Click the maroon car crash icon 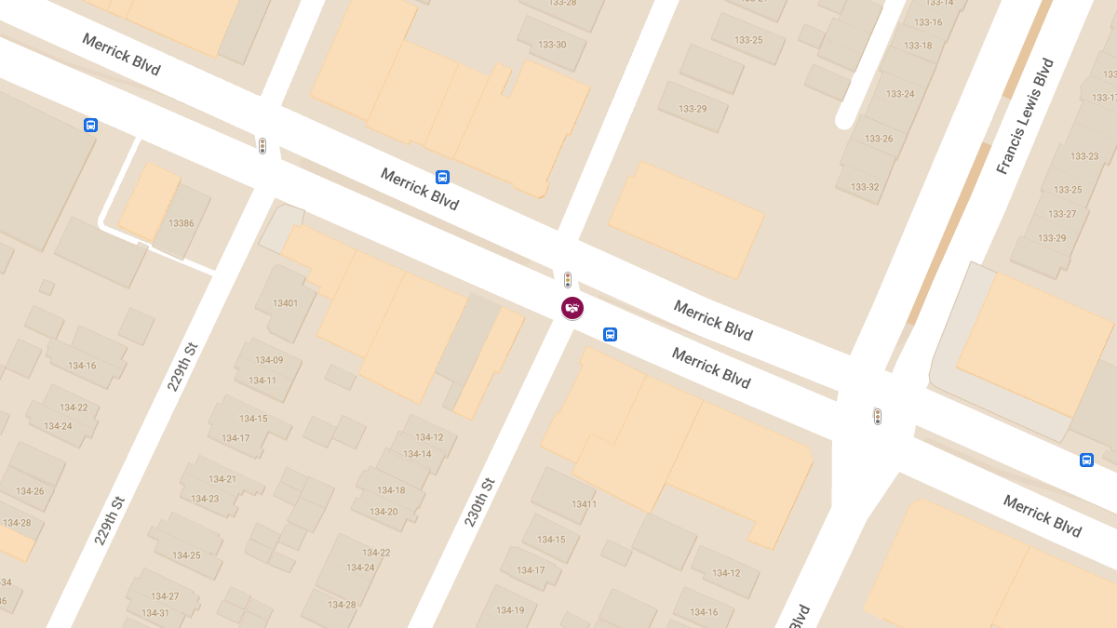[x=572, y=307]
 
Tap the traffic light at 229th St [x=262, y=146]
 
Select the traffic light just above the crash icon [x=568, y=279]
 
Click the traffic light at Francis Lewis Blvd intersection [x=877, y=416]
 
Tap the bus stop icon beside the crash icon [x=610, y=334]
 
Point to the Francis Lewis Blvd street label [x=1025, y=116]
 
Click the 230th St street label [x=479, y=501]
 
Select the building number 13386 [x=182, y=223]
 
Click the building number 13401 [x=285, y=303]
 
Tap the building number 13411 [x=584, y=504]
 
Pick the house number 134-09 [x=269, y=361]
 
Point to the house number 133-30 [x=552, y=45]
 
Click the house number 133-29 [x=693, y=109]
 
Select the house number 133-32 [x=865, y=187]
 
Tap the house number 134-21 [x=222, y=479]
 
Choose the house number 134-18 [x=391, y=490]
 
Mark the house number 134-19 [x=510, y=610]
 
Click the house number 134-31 [x=155, y=613]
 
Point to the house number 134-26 [x=30, y=491]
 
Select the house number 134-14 [x=417, y=454]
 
